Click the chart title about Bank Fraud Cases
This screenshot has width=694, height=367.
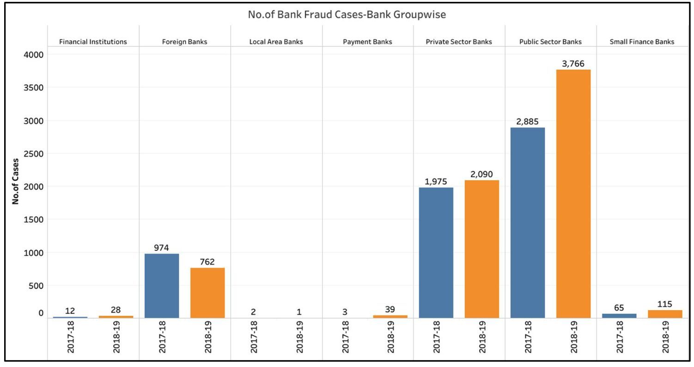pyautogui.click(x=347, y=15)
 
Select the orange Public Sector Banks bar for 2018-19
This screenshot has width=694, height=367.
pyautogui.click(x=573, y=193)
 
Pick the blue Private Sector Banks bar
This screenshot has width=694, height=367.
pyautogui.click(x=436, y=253)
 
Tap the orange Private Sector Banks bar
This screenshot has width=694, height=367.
pyautogui.click(x=482, y=249)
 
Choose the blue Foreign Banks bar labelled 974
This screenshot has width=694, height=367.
pyautogui.click(x=162, y=286)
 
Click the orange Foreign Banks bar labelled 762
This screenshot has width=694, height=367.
pyautogui.click(x=207, y=293)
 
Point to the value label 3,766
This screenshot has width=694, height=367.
pyautogui.click(x=573, y=63)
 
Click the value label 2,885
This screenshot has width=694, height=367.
pyautogui.click(x=528, y=121)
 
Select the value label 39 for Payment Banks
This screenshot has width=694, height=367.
pyautogui.click(x=390, y=309)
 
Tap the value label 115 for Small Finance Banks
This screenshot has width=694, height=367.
pyautogui.click(x=664, y=304)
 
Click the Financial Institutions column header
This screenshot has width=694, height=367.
pyautogui.click(x=93, y=42)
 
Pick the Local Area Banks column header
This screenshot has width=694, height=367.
pyautogui.click(x=276, y=42)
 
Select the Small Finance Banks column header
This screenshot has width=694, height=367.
pyautogui.click(x=642, y=42)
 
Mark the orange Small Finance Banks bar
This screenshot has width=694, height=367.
pyautogui.click(x=664, y=314)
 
